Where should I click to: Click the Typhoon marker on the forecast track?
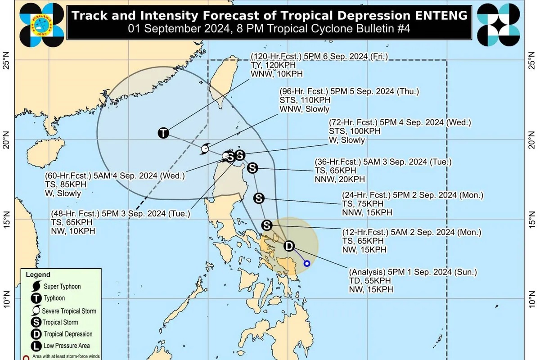coord(163,133)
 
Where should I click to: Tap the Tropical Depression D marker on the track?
coord(289,246)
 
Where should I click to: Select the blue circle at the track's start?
coord(307,263)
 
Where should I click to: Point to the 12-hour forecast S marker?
coord(267,225)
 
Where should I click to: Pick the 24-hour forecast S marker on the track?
coord(259,198)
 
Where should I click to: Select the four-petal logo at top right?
coord(498,24)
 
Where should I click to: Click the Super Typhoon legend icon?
coord(36,286)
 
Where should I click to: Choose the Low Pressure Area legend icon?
coord(36,346)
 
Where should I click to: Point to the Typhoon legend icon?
coord(36,298)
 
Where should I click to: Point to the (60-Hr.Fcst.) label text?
coord(69,176)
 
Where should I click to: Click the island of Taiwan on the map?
coord(221,85)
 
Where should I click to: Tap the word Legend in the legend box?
coord(38,274)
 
